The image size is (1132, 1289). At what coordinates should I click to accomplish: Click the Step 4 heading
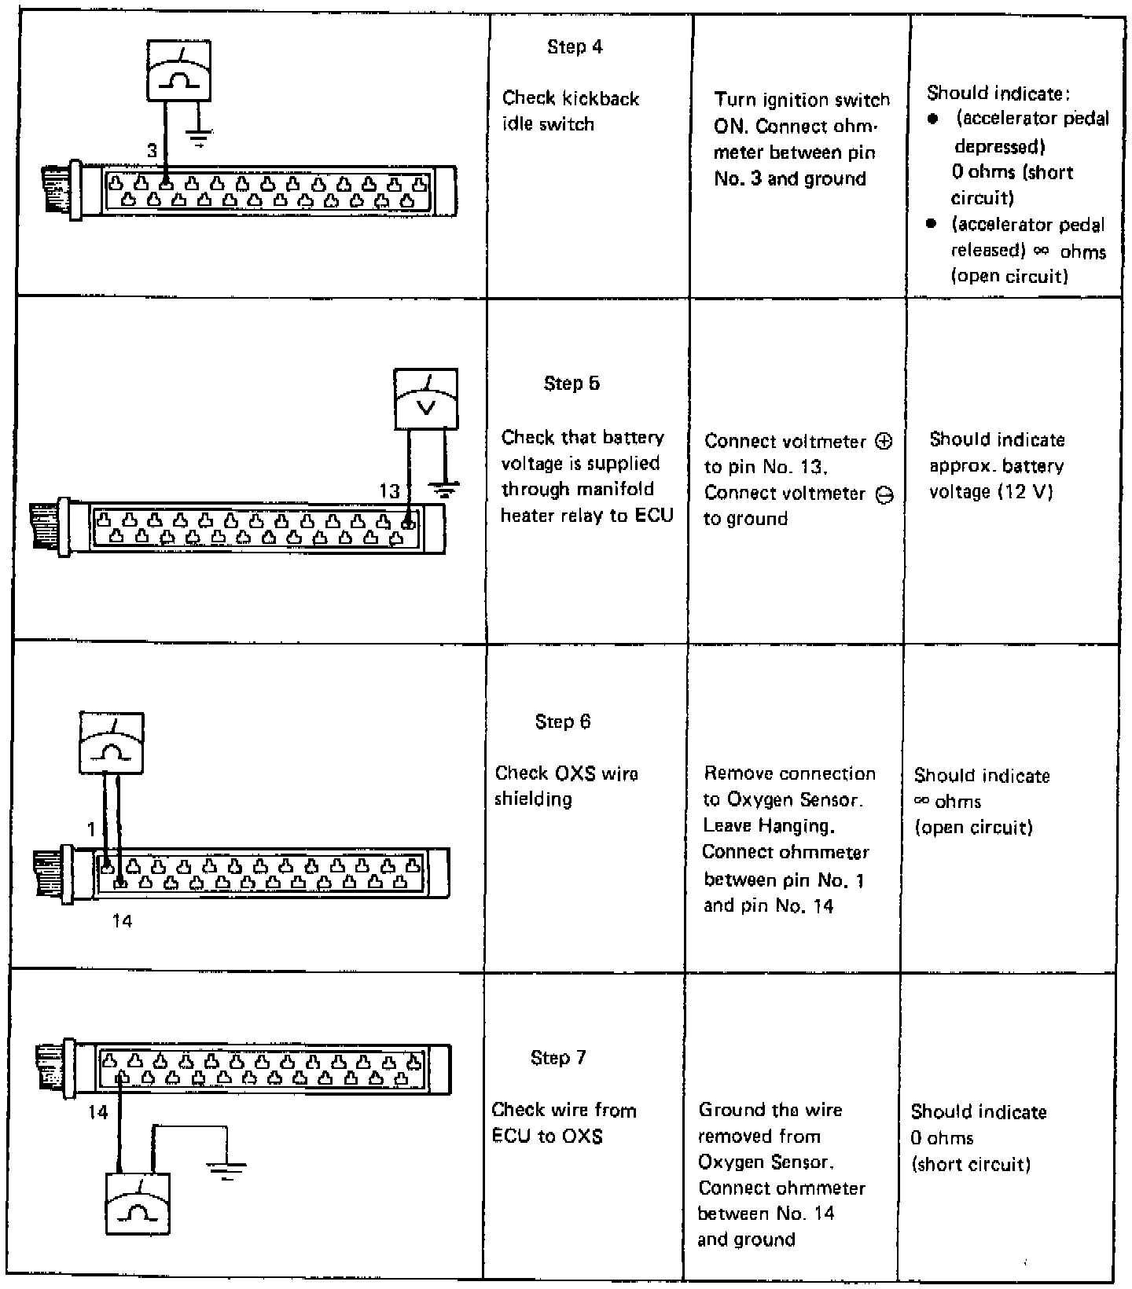click(x=575, y=47)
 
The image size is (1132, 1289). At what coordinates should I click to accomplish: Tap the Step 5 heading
click(x=572, y=384)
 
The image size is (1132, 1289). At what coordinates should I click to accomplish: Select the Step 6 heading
click(x=562, y=722)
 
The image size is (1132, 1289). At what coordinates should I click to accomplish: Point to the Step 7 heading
click(x=558, y=1058)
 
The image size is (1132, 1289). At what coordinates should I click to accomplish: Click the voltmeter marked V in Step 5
click(x=426, y=399)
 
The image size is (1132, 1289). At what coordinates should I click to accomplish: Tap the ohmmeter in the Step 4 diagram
click(x=179, y=71)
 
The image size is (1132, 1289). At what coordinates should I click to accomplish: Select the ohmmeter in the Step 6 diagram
click(x=112, y=743)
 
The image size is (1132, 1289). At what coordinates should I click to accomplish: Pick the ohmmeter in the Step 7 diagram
click(x=138, y=1203)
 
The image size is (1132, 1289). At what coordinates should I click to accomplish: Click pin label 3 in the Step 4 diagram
click(x=153, y=151)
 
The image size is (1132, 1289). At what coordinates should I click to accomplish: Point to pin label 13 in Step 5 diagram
click(x=390, y=492)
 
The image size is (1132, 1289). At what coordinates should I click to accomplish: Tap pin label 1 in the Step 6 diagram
click(x=91, y=829)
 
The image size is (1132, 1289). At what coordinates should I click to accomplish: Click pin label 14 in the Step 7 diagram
click(x=97, y=1113)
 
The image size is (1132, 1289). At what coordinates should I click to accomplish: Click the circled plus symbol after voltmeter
click(x=884, y=441)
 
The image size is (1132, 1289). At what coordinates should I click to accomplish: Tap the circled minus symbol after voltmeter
click(x=884, y=494)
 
